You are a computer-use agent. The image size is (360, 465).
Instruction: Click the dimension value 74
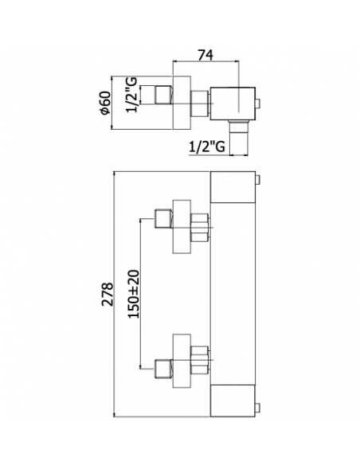(205, 55)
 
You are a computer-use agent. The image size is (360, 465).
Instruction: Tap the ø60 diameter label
(106, 103)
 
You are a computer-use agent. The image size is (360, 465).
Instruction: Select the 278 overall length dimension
(108, 294)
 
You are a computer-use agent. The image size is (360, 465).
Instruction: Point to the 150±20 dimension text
(134, 294)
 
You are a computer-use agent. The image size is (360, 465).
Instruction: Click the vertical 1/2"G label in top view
(132, 95)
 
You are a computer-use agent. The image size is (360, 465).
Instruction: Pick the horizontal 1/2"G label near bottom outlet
(207, 147)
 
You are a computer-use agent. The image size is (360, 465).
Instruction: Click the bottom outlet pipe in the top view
(238, 137)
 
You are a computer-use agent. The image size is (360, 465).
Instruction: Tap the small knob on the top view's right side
(257, 104)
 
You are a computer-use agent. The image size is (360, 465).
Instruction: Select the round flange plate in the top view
(182, 103)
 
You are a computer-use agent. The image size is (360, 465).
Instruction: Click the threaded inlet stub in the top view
(163, 95)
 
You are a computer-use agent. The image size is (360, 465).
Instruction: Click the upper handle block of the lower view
(233, 187)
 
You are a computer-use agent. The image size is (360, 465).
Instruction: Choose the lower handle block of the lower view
(233, 401)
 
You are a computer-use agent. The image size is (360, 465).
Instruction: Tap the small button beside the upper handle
(258, 180)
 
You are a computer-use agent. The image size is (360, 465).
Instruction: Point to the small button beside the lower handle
(258, 408)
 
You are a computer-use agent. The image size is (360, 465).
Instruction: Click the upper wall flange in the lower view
(182, 227)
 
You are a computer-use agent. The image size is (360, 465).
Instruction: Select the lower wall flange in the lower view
(182, 361)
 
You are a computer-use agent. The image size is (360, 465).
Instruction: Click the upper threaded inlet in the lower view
(163, 219)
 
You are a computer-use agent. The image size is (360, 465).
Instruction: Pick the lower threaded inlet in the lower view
(163, 369)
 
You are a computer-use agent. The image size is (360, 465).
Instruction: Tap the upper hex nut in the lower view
(200, 228)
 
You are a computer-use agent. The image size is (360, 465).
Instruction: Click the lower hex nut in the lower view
(200, 360)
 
